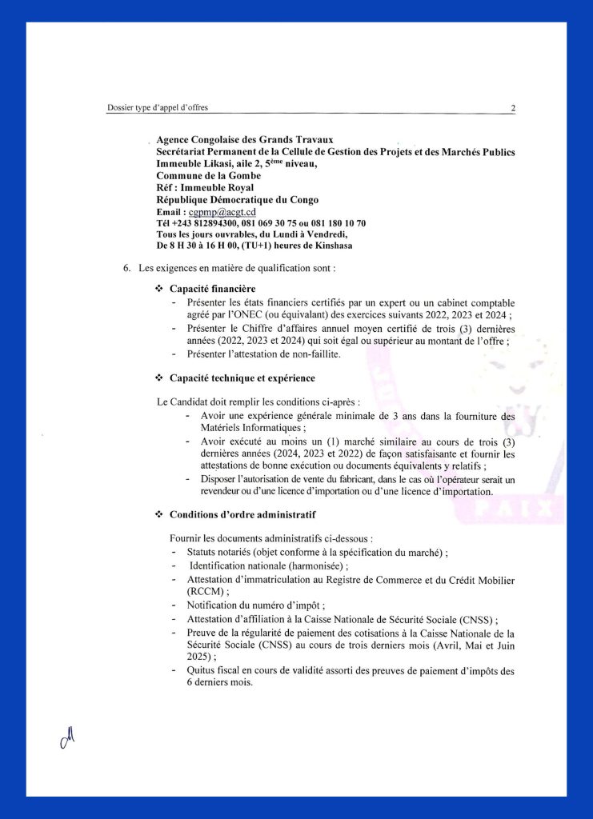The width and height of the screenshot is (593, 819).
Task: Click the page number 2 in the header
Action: pyautogui.click(x=513, y=108)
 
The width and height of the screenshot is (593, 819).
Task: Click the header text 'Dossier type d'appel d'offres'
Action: pyautogui.click(x=158, y=108)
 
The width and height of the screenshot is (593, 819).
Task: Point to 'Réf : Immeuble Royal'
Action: pyautogui.click(x=205, y=187)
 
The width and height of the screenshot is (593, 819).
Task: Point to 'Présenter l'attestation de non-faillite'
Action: pyautogui.click(x=264, y=354)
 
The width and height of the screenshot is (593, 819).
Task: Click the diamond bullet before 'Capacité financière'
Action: pyautogui.click(x=158, y=288)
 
